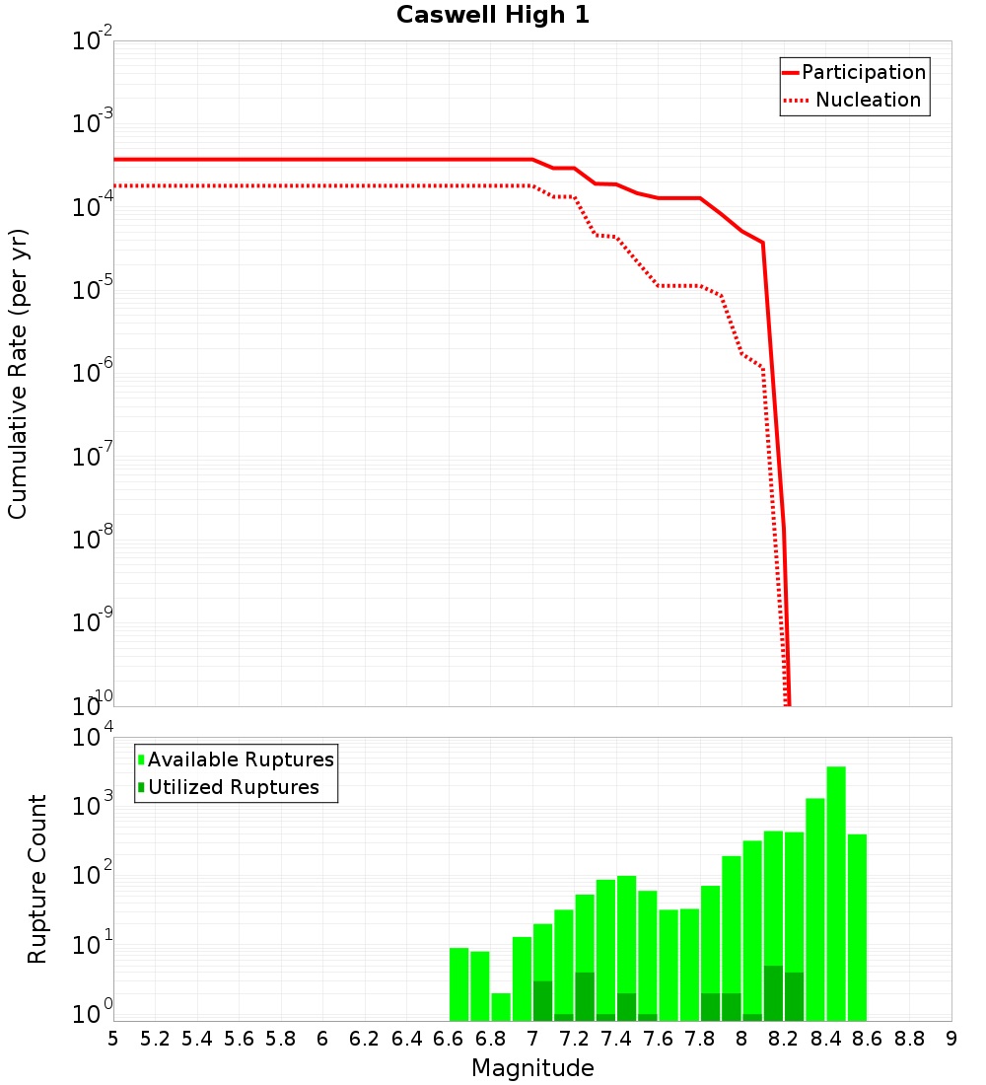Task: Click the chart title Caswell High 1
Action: point(493,16)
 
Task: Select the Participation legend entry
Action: point(863,72)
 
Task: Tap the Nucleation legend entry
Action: point(868,100)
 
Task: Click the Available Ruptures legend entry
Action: point(241,759)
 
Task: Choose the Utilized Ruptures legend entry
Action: point(233,787)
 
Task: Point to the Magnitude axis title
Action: point(532,1068)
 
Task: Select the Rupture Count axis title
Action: point(37,879)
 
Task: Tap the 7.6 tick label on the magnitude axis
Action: point(659,1039)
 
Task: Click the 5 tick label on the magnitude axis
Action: point(113,1039)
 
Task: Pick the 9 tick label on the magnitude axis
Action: point(951,1039)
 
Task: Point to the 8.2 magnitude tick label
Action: point(784,1039)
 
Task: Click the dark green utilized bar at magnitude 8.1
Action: point(773,993)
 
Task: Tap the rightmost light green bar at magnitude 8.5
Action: point(857,927)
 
